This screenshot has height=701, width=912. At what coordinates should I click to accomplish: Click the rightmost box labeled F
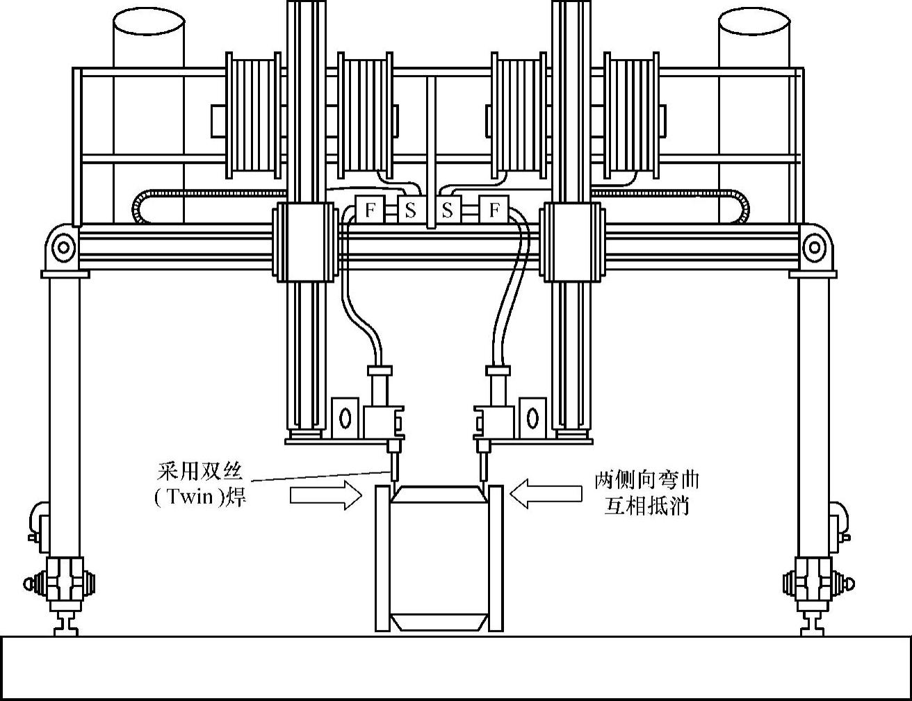(x=494, y=210)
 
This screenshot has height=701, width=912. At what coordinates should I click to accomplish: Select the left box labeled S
(x=410, y=210)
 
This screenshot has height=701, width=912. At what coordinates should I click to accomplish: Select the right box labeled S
(x=448, y=210)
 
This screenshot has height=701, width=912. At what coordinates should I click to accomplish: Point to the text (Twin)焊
(x=200, y=498)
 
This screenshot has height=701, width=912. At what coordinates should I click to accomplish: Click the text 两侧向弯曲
(x=646, y=480)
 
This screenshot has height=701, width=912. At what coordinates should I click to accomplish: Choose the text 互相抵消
(x=646, y=506)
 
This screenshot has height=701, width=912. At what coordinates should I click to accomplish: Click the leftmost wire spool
(x=254, y=115)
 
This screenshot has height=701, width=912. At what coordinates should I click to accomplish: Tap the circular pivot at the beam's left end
(x=63, y=247)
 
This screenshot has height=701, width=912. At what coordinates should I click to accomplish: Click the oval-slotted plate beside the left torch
(x=345, y=418)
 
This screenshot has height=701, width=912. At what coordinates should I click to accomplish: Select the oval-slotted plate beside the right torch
(x=532, y=418)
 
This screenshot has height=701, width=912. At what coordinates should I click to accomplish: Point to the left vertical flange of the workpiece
(x=382, y=558)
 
